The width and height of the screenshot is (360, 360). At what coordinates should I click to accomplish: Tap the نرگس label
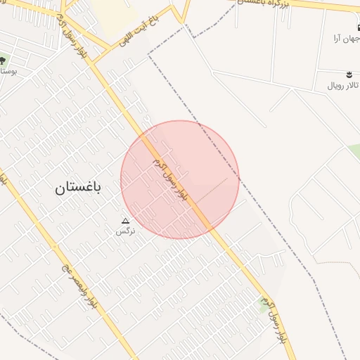pyautogui.click(x=126, y=231)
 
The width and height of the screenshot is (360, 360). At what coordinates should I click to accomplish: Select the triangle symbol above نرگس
pyautogui.click(x=126, y=221)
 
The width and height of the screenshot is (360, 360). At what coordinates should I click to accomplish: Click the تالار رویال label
pyautogui.click(x=343, y=85)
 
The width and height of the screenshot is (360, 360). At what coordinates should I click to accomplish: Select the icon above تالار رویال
pyautogui.click(x=349, y=74)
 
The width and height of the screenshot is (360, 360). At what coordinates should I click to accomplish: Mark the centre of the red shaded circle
pyautogui.click(x=180, y=180)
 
